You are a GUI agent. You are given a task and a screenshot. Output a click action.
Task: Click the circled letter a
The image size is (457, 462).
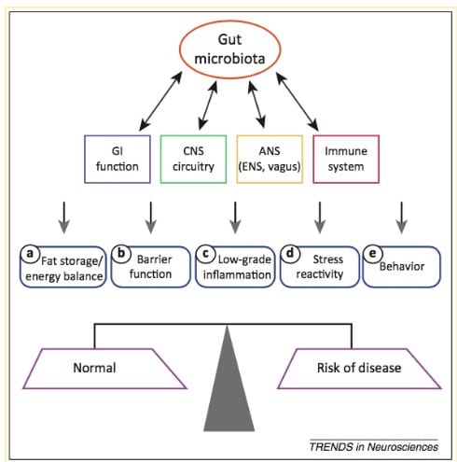pos(30,254)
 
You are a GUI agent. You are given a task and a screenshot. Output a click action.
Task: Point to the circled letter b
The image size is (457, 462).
pos(121,254)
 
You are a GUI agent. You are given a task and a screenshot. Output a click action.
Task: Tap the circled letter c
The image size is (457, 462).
pos(205,254)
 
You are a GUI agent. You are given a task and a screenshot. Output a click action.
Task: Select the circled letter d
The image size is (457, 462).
pos(290,254)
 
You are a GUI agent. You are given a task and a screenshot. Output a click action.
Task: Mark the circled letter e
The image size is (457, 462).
pos(372,254)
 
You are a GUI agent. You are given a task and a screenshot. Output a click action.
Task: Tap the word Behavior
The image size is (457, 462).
pos(402,266)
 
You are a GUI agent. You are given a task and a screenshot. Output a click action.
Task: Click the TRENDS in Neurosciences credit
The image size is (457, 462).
pos(374,447)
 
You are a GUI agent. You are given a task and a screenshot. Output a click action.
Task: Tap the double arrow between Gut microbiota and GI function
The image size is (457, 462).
pos(160,101)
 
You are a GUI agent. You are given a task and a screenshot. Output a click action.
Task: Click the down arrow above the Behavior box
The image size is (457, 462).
pos(402,217)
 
